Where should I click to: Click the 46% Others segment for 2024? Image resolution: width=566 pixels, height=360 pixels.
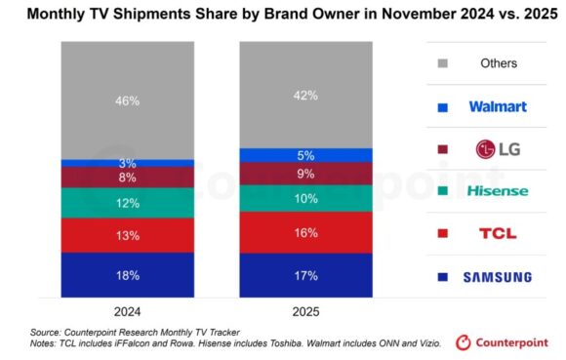pyautogui.click(x=128, y=100)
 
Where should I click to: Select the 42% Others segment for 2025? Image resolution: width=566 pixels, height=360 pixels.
pyautogui.click(x=306, y=95)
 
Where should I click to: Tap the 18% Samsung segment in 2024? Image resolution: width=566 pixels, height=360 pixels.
pyautogui.click(x=128, y=275)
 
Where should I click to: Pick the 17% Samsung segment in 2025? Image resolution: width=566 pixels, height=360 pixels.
pyautogui.click(x=306, y=276)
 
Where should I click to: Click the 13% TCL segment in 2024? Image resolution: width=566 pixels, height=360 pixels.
pyautogui.click(x=128, y=235)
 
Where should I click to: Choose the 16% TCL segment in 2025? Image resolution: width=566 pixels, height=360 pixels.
pyautogui.click(x=306, y=233)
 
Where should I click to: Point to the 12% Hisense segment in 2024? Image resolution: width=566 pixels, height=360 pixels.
pyautogui.click(x=128, y=202)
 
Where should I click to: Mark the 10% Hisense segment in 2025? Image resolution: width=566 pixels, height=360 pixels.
pyautogui.click(x=306, y=198)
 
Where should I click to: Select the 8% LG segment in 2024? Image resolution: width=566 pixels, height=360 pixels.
pyautogui.click(x=128, y=178)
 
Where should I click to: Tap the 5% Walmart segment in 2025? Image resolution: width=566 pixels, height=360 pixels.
pyautogui.click(x=306, y=155)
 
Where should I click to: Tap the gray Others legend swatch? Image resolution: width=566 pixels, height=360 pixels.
pyautogui.click(x=445, y=63)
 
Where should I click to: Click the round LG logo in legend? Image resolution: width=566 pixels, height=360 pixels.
pyautogui.click(x=486, y=148)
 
